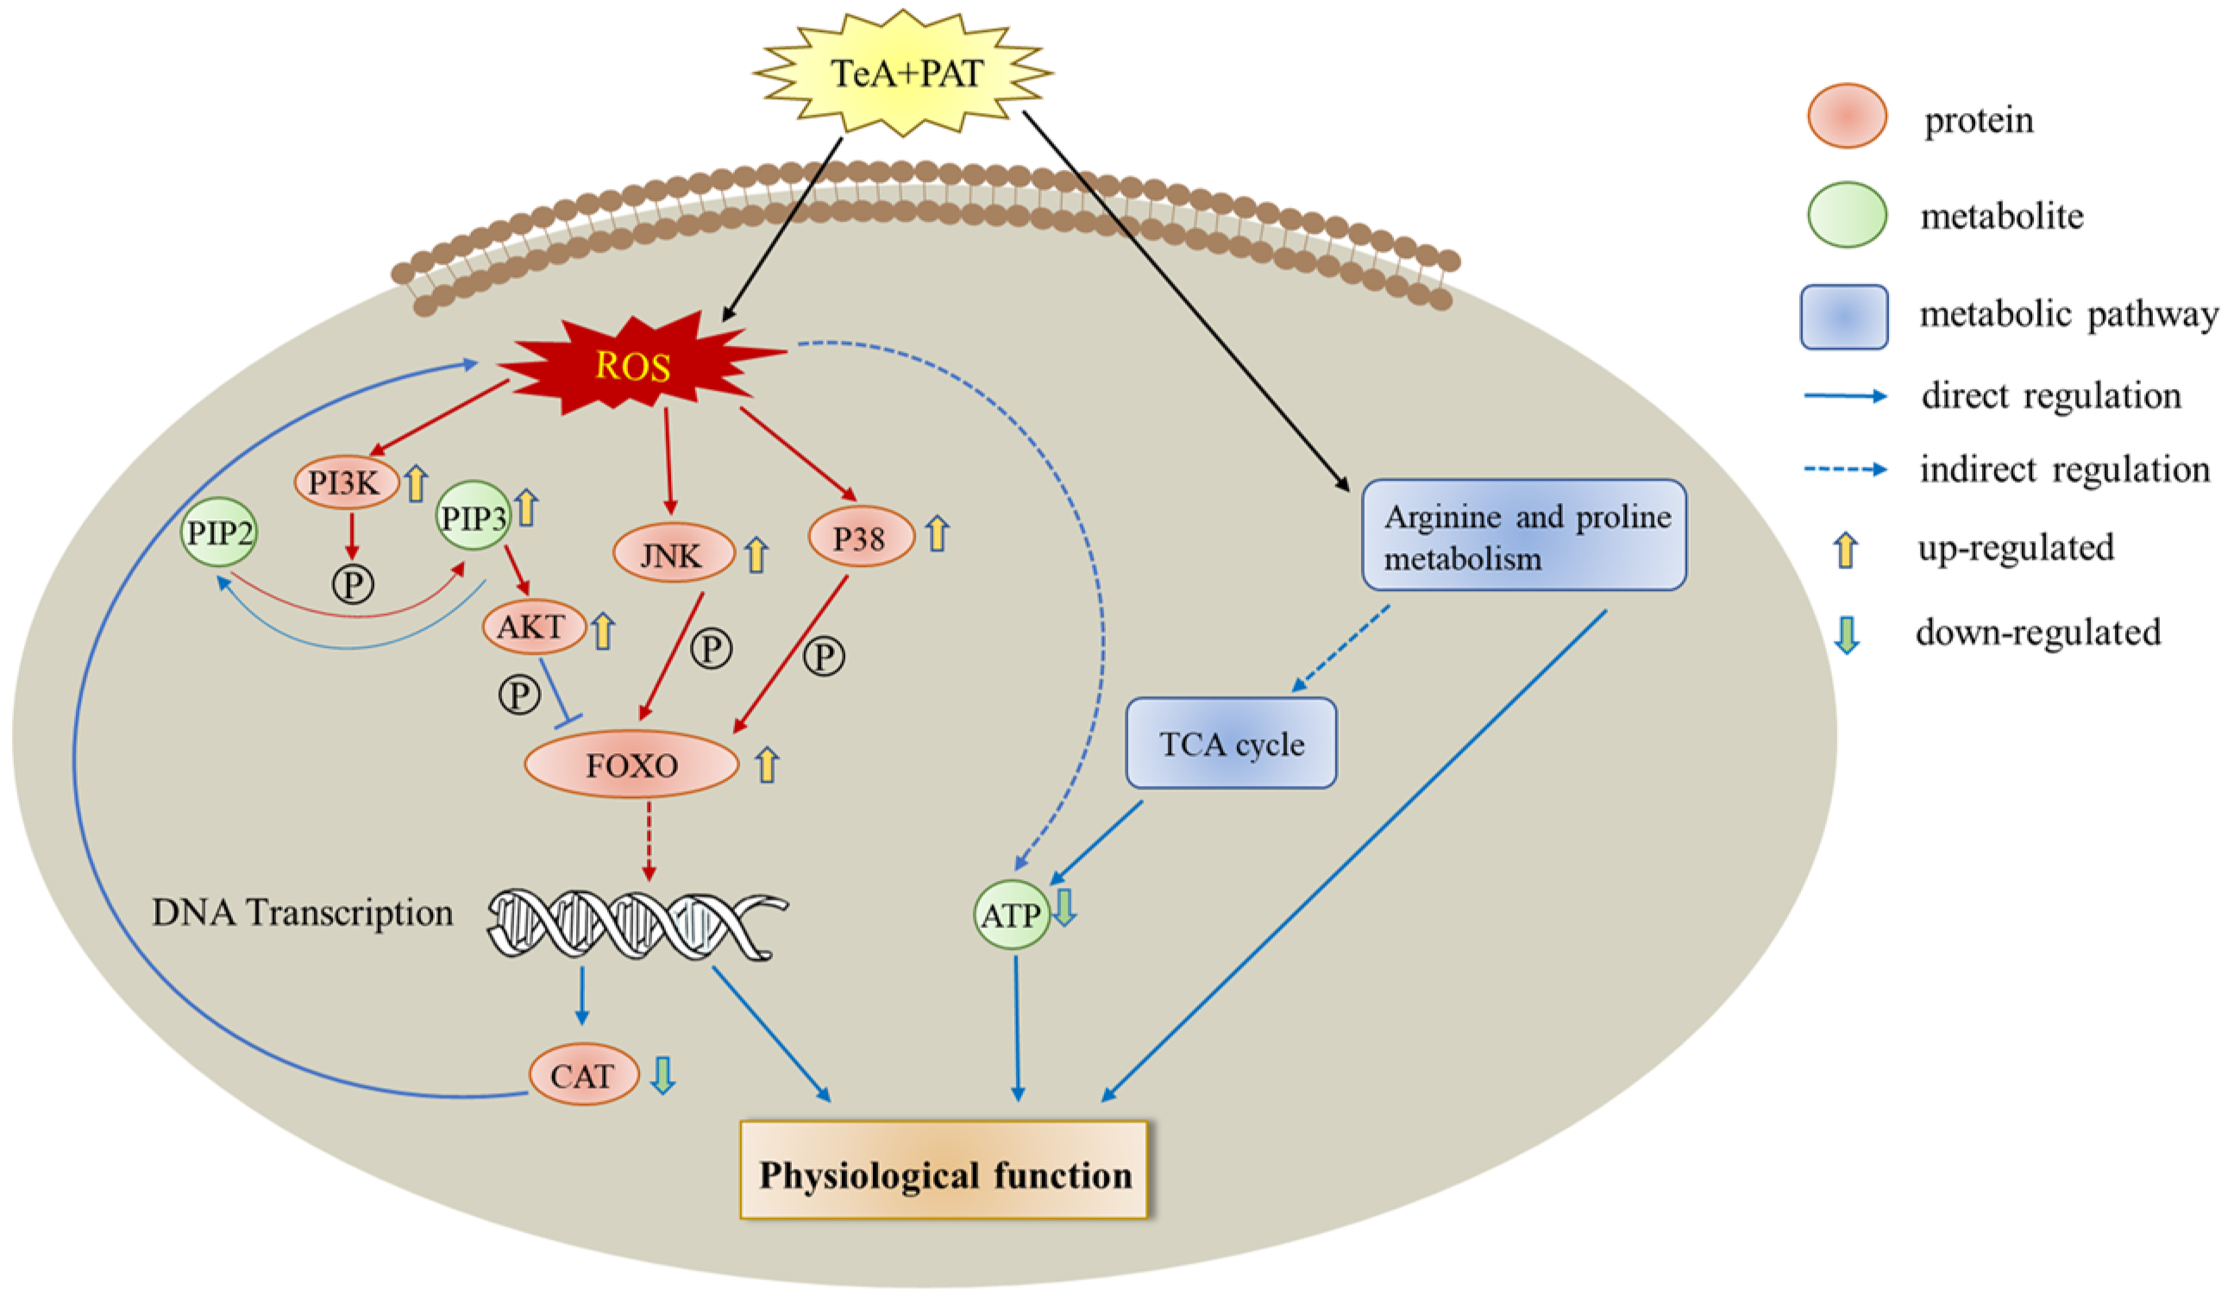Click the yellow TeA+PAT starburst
[904, 73]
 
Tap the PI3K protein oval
[346, 483]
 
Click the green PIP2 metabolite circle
[219, 532]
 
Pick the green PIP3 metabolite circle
[474, 517]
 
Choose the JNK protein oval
[674, 555]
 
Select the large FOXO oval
[631, 764]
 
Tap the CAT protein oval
[583, 1076]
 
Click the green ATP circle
[1012, 915]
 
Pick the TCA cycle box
[1231, 743]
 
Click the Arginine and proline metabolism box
[1523, 536]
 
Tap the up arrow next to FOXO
[767, 764]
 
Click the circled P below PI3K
[353, 583]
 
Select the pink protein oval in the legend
[1847, 116]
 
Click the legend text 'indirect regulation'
[2064, 469]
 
